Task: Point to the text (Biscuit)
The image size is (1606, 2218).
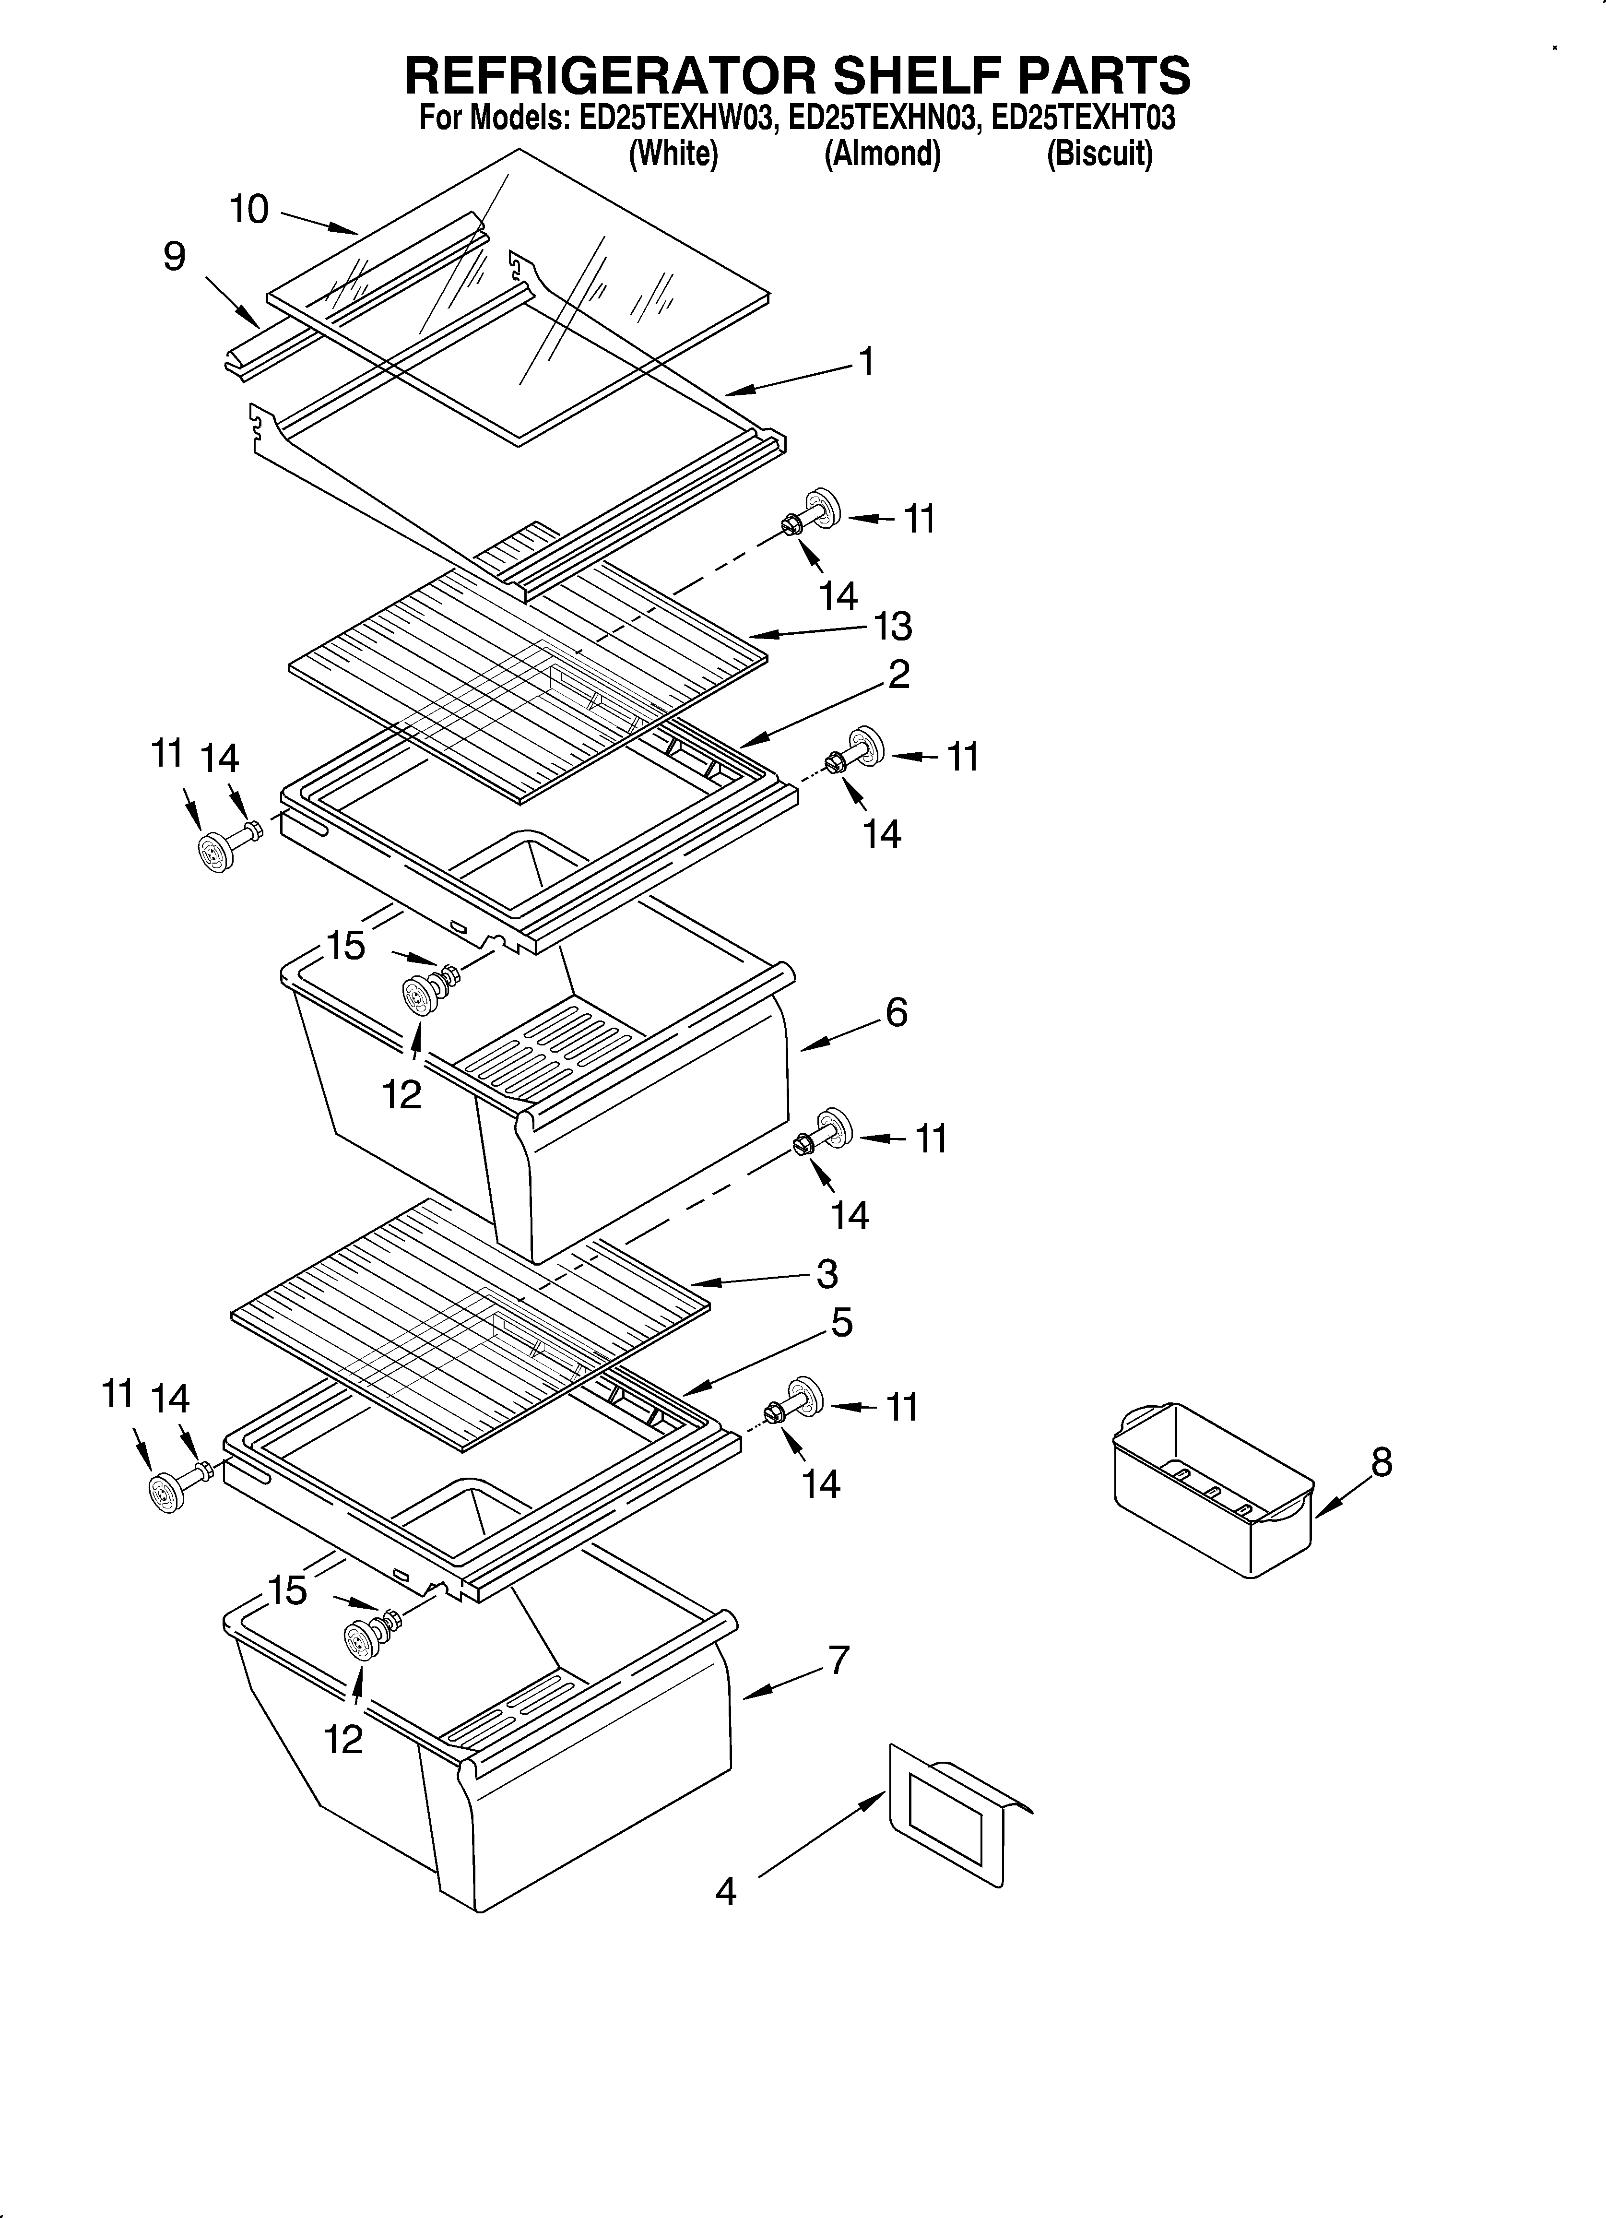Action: coord(1099,154)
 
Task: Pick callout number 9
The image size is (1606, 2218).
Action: coord(174,257)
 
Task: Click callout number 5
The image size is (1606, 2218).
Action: coord(841,1323)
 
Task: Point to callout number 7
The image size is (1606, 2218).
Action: coord(838,1660)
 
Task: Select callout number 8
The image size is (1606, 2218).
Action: coord(1381,1463)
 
